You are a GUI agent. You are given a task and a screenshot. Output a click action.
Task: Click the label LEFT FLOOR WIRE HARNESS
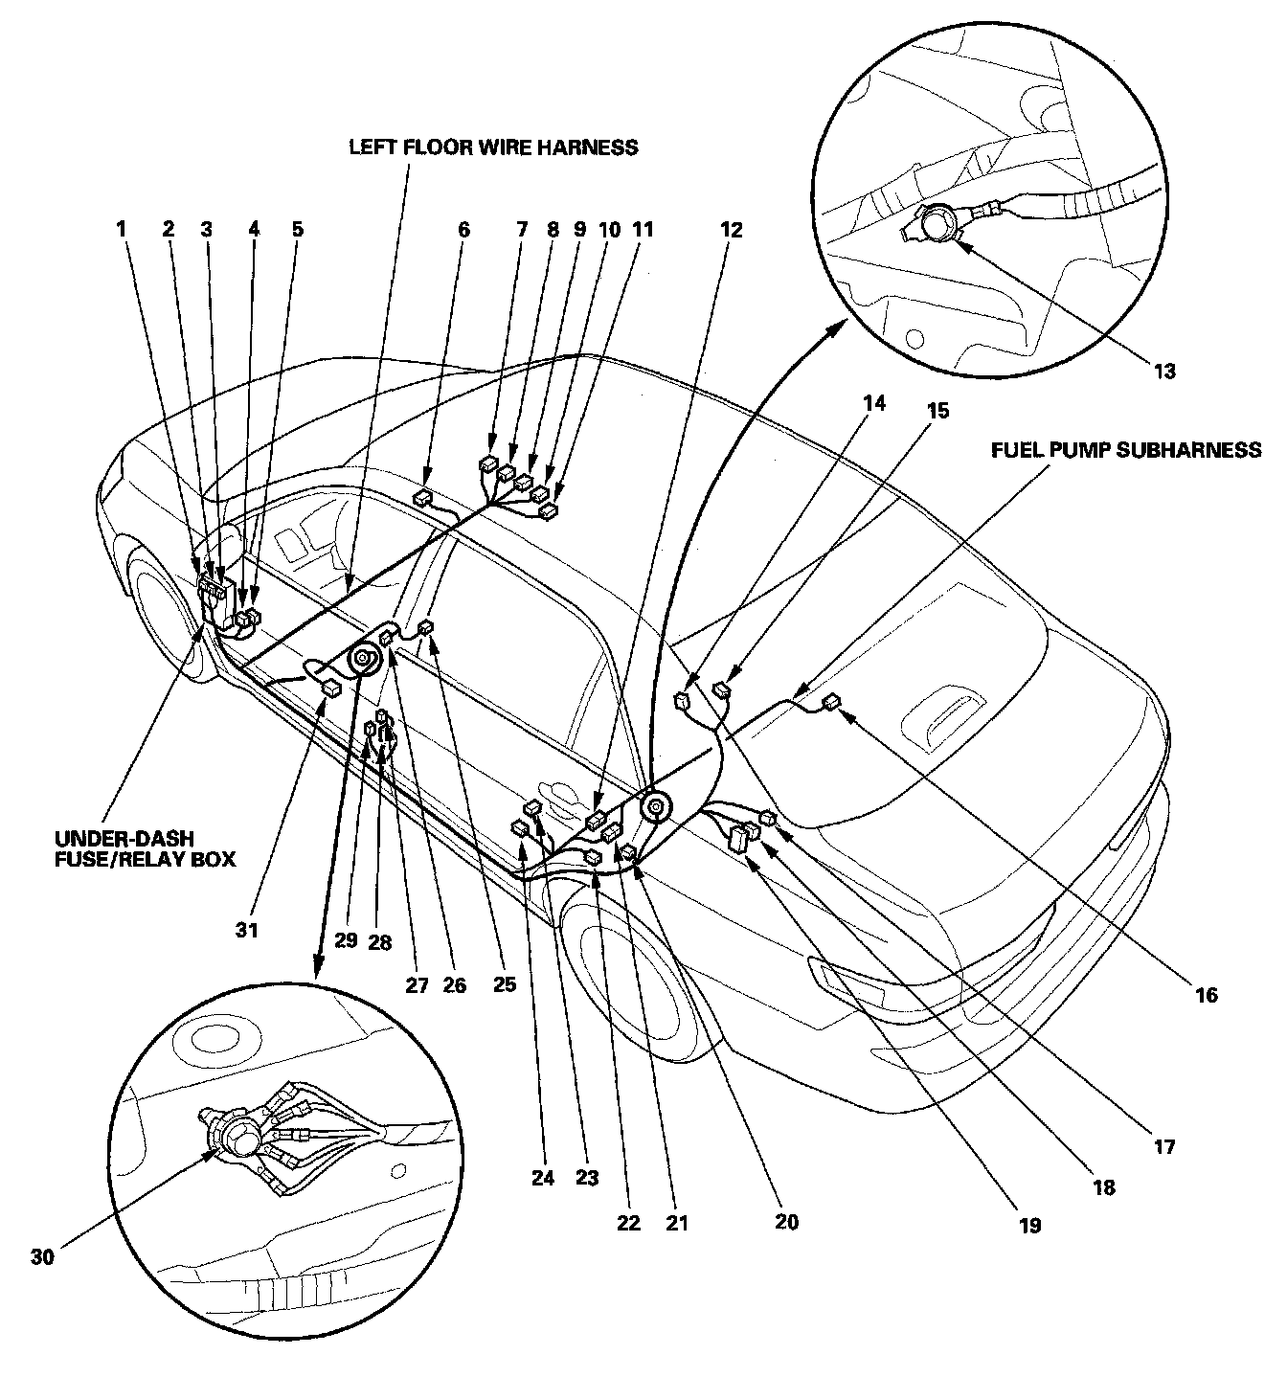(x=493, y=147)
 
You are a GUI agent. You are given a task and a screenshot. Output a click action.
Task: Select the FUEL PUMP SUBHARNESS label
(x=1126, y=450)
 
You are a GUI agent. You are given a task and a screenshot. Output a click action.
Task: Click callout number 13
(x=1163, y=372)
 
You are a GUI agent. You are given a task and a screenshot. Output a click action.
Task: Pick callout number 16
(x=1206, y=996)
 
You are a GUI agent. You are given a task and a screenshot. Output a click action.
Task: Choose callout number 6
(x=464, y=230)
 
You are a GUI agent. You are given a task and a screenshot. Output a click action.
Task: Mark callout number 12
(x=731, y=230)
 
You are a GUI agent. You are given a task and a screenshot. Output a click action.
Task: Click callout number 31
(x=248, y=929)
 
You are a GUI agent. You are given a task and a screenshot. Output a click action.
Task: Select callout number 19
(x=1029, y=1224)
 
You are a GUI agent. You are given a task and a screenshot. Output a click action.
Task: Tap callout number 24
(x=543, y=1178)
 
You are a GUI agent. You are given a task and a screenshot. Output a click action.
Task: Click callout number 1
(x=122, y=230)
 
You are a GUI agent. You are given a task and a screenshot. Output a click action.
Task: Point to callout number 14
(x=874, y=403)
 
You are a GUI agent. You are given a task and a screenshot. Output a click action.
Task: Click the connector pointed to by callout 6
(x=422, y=498)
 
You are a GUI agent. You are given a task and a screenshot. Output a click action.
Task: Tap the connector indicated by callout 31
(x=331, y=686)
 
